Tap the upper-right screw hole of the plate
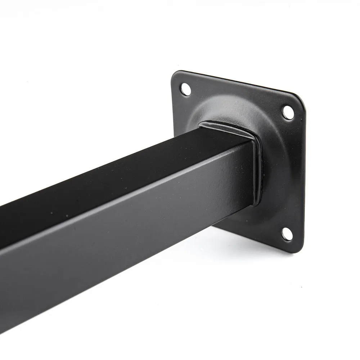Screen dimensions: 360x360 click(288, 112)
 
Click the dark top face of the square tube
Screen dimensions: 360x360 click(108, 169)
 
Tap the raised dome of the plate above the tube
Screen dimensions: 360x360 click(230, 104)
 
